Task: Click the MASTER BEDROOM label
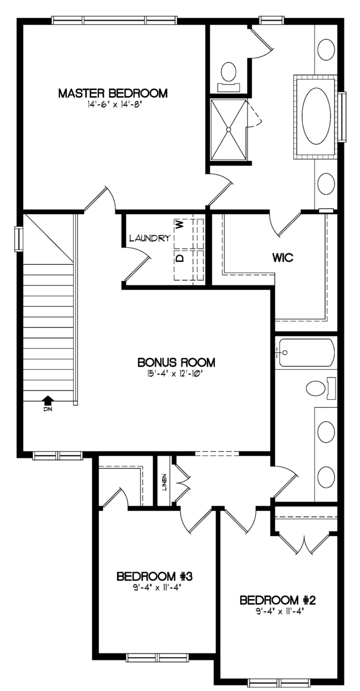[x=113, y=93]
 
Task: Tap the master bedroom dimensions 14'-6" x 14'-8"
[x=114, y=105]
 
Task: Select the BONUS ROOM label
[x=176, y=362]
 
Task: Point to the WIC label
[x=283, y=257]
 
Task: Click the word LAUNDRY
[x=150, y=238]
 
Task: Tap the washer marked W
[x=184, y=233]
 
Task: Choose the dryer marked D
[x=184, y=265]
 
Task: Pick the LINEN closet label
[x=164, y=482]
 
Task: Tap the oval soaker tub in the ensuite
[x=316, y=116]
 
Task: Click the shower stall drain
[x=229, y=130]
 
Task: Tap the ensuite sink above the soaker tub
[x=326, y=50]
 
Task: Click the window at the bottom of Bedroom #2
[x=279, y=682]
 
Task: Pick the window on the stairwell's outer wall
[x=19, y=239]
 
